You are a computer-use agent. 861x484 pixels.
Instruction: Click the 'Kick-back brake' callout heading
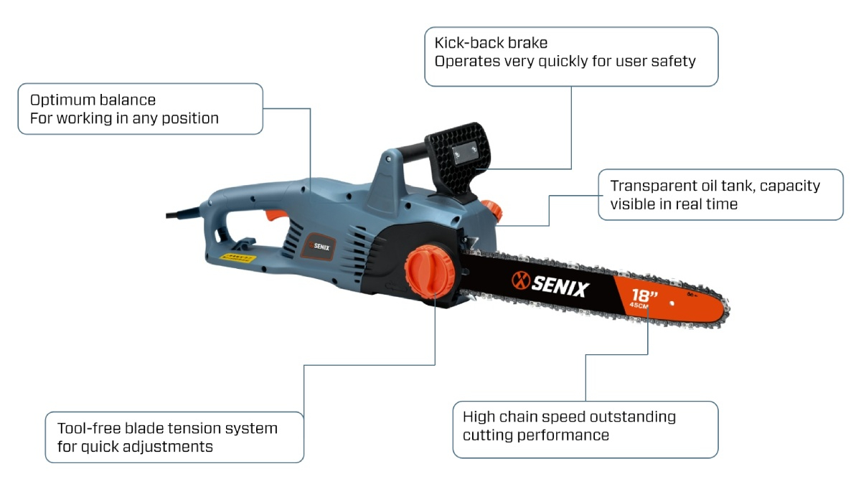tap(491, 44)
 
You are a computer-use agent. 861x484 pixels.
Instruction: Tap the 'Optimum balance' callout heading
tap(93, 100)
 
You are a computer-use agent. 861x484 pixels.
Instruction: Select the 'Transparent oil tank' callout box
tap(720, 194)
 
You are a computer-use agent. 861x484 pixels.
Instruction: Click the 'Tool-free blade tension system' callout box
tap(174, 437)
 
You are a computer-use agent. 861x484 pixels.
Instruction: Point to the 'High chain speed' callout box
tap(585, 430)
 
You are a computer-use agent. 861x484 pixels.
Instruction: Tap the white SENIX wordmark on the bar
tap(560, 288)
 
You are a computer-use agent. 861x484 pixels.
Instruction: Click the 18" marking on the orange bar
tap(645, 295)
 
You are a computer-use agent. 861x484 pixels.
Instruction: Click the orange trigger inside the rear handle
tap(276, 214)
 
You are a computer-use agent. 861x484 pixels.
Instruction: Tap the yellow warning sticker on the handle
tap(237, 257)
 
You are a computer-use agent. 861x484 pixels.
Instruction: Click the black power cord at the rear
tap(180, 212)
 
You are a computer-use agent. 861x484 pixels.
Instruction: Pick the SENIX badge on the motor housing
tap(321, 244)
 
